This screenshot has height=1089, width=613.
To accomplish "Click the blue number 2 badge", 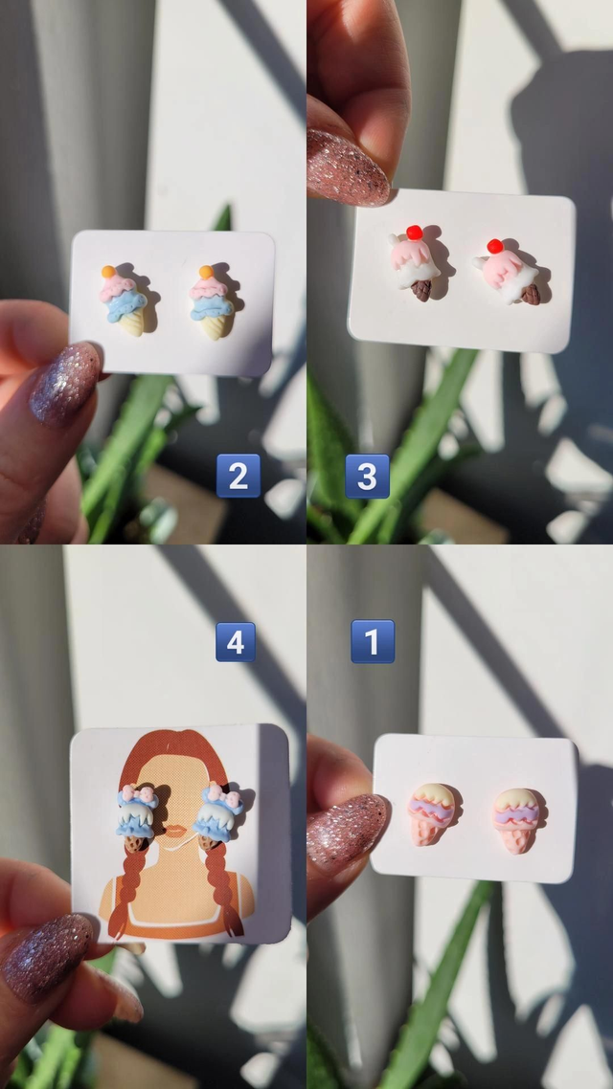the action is (x=238, y=476).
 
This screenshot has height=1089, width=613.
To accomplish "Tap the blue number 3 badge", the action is (x=367, y=477).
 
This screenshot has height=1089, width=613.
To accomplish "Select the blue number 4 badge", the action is (x=235, y=642).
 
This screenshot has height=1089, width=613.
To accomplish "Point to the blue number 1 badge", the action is (x=373, y=641).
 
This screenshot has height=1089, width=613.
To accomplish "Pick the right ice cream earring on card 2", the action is (x=212, y=302).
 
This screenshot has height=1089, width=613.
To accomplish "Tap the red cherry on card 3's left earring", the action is (x=414, y=233).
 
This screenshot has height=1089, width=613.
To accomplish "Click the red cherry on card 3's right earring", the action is (x=495, y=246).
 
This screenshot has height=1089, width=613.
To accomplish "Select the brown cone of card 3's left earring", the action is (x=421, y=290).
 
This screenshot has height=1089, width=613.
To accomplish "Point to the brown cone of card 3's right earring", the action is (x=531, y=295).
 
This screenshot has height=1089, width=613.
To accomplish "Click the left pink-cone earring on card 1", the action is (x=431, y=813).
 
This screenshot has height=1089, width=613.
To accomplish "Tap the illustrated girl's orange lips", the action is (x=176, y=831).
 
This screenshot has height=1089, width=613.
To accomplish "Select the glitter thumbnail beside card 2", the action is (x=65, y=384).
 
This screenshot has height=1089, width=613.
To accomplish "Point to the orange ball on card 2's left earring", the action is (x=108, y=272).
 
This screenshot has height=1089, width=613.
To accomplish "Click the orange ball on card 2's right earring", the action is (x=206, y=272).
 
